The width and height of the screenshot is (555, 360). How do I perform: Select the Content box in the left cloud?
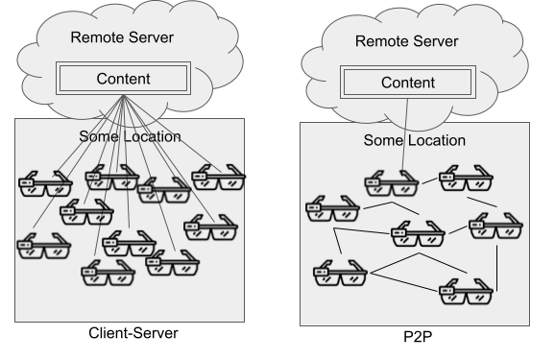[123, 78]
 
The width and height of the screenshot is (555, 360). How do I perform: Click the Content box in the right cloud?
[408, 83]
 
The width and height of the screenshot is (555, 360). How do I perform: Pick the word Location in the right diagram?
[434, 140]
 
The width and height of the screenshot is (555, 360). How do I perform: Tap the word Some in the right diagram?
[383, 140]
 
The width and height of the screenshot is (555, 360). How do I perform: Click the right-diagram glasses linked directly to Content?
[390, 182]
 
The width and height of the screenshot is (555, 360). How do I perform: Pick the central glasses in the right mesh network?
[417, 232]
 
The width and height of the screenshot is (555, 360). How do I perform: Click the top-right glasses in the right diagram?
[466, 179]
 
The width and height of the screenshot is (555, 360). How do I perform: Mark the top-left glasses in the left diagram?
[44, 183]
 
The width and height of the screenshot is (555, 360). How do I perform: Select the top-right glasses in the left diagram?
[217, 179]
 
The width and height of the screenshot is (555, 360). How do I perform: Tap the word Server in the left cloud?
[152, 37]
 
